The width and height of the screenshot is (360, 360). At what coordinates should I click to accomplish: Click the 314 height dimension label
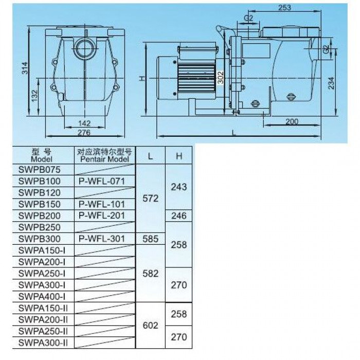(x=25, y=68)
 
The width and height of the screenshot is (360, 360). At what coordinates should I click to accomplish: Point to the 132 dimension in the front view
(x=34, y=96)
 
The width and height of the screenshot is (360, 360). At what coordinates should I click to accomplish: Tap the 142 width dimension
(x=84, y=123)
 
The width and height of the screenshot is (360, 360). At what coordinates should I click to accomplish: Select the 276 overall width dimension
(x=84, y=133)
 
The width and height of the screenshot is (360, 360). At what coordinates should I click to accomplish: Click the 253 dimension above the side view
(x=284, y=8)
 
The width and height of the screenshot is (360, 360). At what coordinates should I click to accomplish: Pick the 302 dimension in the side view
(x=221, y=78)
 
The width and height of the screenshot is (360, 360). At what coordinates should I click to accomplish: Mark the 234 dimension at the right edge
(x=331, y=83)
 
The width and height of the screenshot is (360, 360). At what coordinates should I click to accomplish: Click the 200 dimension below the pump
(x=292, y=121)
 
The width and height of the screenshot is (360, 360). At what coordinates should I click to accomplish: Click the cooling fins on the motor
(x=196, y=78)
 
